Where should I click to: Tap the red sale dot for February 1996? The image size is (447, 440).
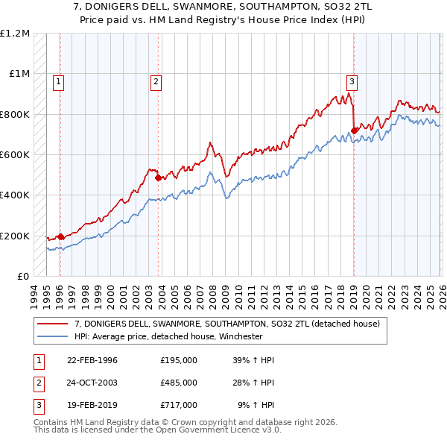[x=60, y=236]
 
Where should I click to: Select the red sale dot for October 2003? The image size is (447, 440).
[x=158, y=178]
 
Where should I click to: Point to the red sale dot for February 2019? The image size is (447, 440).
[x=353, y=131]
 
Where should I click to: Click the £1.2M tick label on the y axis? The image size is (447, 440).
[x=15, y=34]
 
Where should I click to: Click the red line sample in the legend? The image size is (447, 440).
[x=52, y=324]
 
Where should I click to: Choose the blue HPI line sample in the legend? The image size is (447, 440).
[x=52, y=336]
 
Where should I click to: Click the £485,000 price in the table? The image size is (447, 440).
[x=178, y=383]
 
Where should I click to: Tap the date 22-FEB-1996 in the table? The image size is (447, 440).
[x=92, y=360]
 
